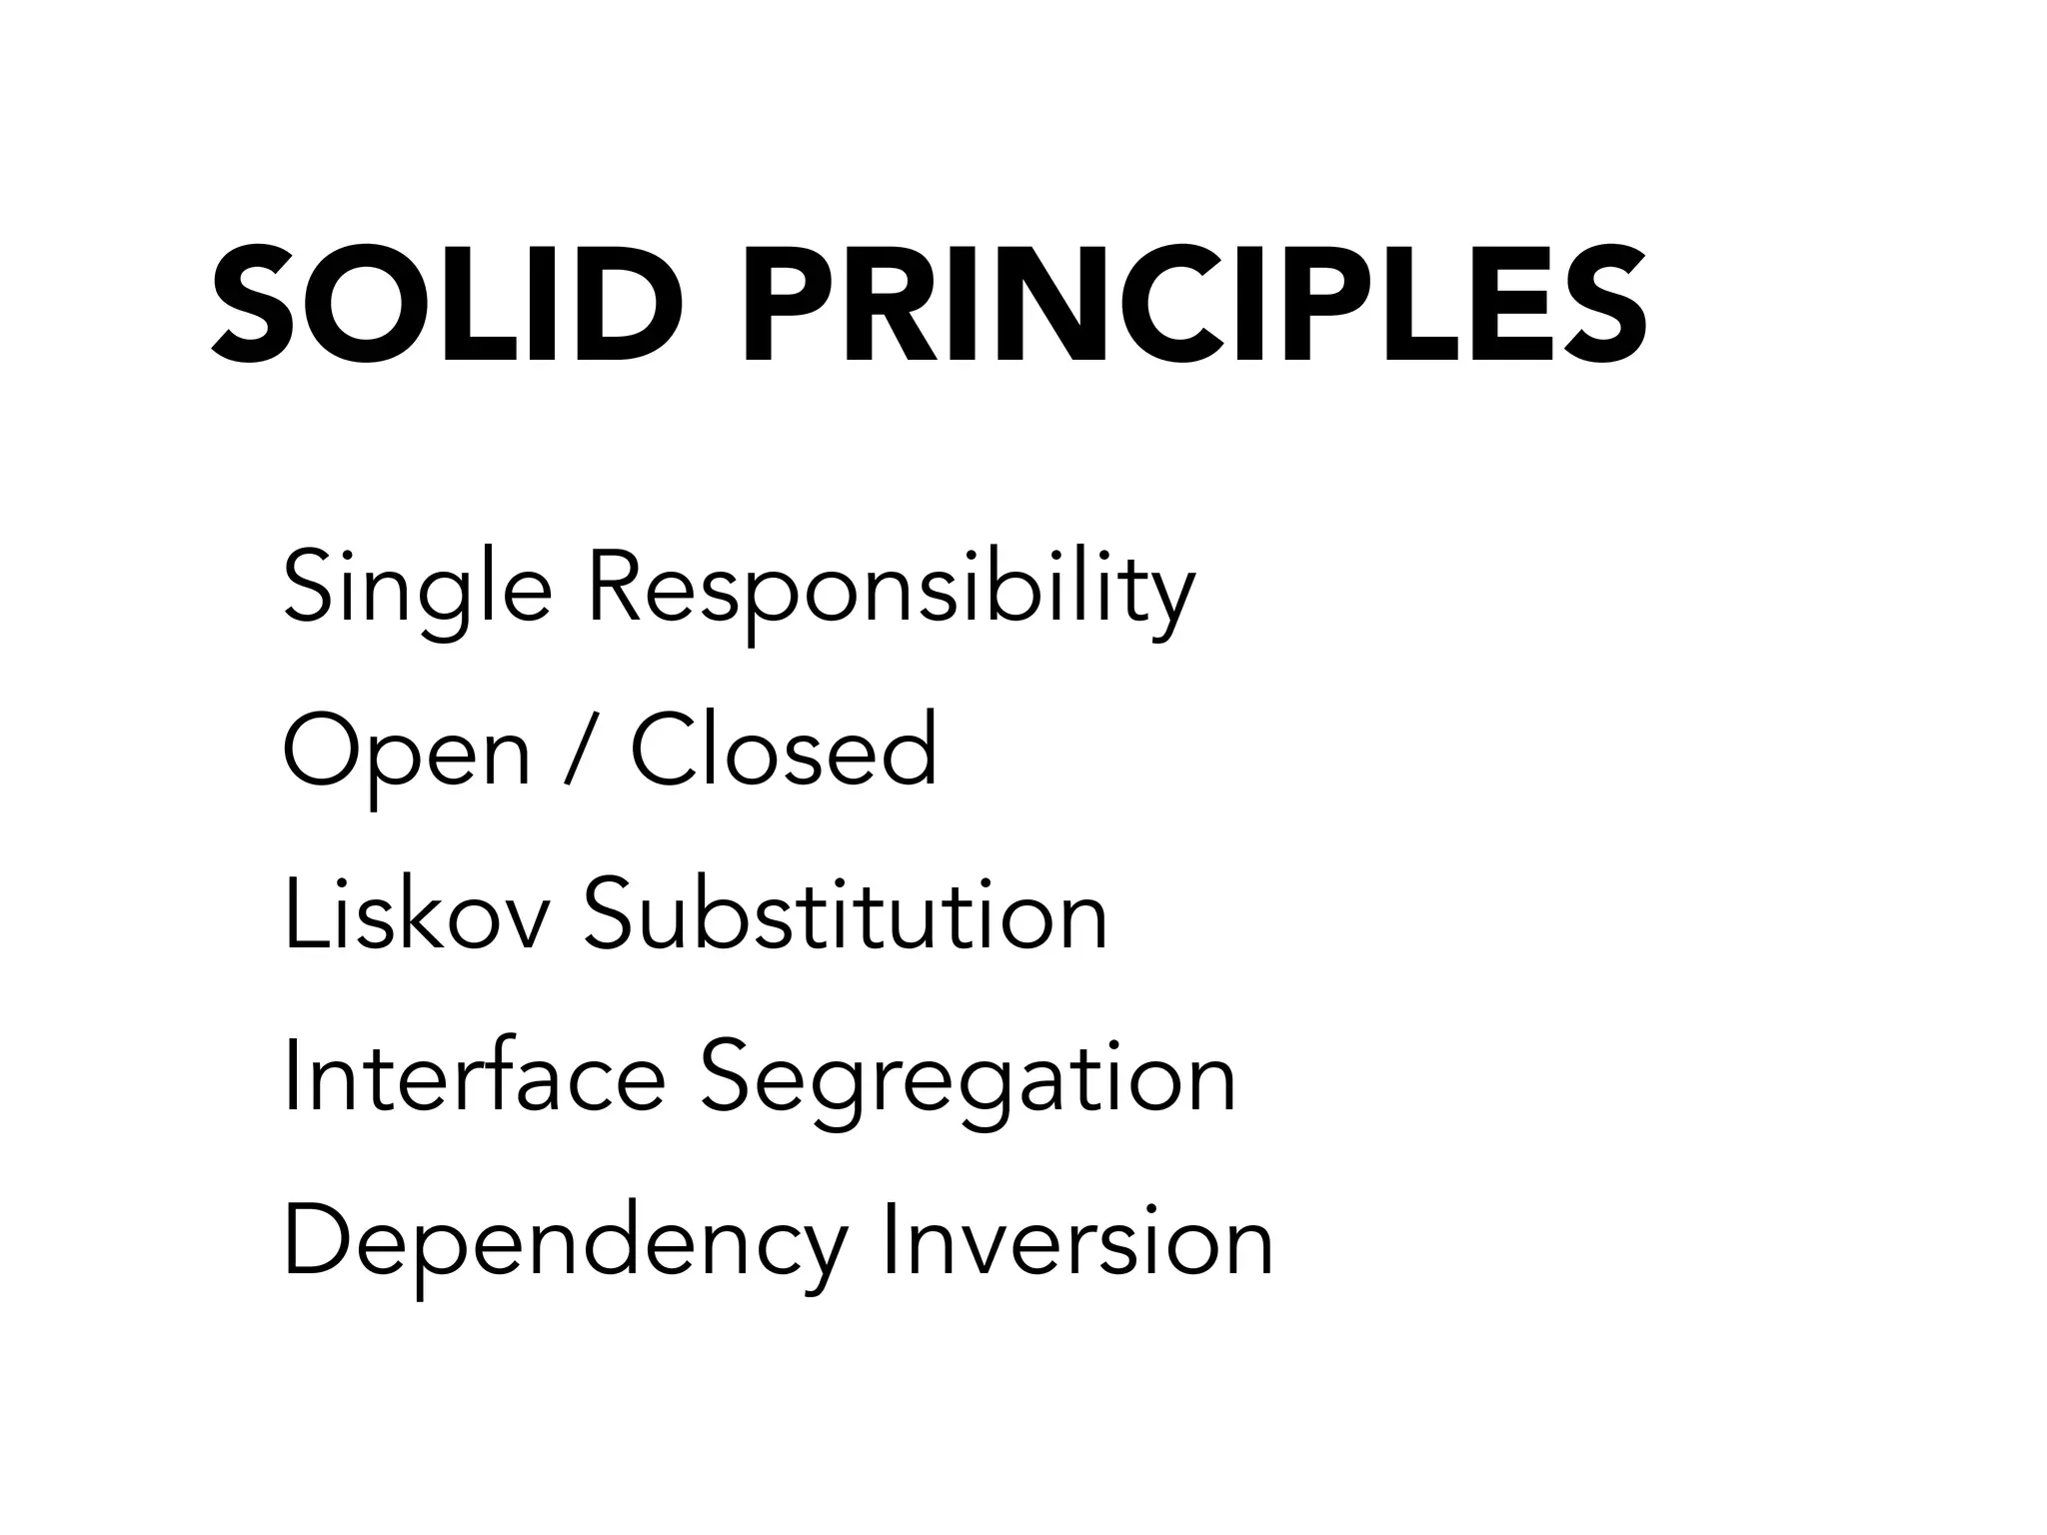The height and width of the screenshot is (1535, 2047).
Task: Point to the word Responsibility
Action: point(891,590)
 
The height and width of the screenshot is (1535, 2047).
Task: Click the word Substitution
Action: point(846,914)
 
